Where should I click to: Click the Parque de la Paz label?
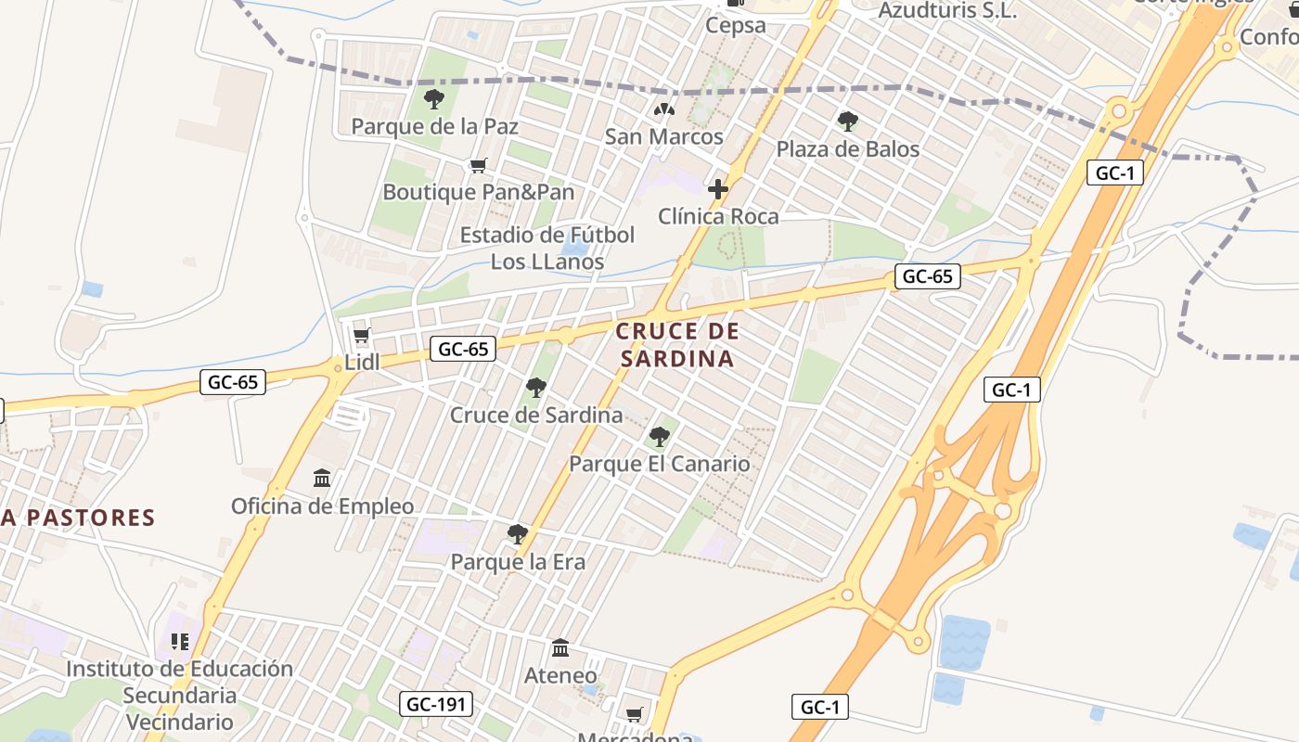[x=434, y=126]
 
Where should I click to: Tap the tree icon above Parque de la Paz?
[x=433, y=99]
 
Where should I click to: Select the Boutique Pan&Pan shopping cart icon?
[x=479, y=166]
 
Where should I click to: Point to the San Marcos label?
[x=663, y=137]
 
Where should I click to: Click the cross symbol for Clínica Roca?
[x=717, y=189]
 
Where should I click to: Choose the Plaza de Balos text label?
[x=847, y=149]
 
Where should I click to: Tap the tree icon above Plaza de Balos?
[x=847, y=121]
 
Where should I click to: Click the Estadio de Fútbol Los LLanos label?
[x=547, y=249]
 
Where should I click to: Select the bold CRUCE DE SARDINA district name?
[x=677, y=345]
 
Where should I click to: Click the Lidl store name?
[x=362, y=363]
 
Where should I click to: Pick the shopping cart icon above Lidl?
[x=362, y=336]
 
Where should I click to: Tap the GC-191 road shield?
[x=437, y=704]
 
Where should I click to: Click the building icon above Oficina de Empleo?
[x=322, y=478]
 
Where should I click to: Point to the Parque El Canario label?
[x=659, y=464]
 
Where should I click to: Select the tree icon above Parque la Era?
[x=518, y=534]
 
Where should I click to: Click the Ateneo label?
[x=560, y=675]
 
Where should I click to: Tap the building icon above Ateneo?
[x=560, y=647]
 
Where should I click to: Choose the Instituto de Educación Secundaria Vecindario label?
[x=179, y=695]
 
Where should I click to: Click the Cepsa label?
[x=736, y=25]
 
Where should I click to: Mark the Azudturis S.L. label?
[x=947, y=11]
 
